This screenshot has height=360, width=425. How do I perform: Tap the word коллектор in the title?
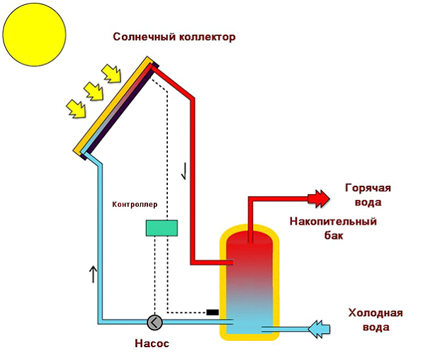205,37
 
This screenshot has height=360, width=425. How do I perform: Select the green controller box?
161,227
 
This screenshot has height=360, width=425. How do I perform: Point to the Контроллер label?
135,204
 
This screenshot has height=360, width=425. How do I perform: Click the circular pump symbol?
154,322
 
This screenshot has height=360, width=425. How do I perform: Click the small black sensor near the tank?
212,312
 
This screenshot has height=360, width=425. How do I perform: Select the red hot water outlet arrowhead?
319,197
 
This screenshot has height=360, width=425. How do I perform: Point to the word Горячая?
368,189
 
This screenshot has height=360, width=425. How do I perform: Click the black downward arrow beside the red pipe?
183,171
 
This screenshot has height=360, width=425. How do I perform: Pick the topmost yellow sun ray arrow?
112,73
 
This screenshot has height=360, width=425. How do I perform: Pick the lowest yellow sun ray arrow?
75,108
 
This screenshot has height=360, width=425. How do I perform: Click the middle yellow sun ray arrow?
93,91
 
